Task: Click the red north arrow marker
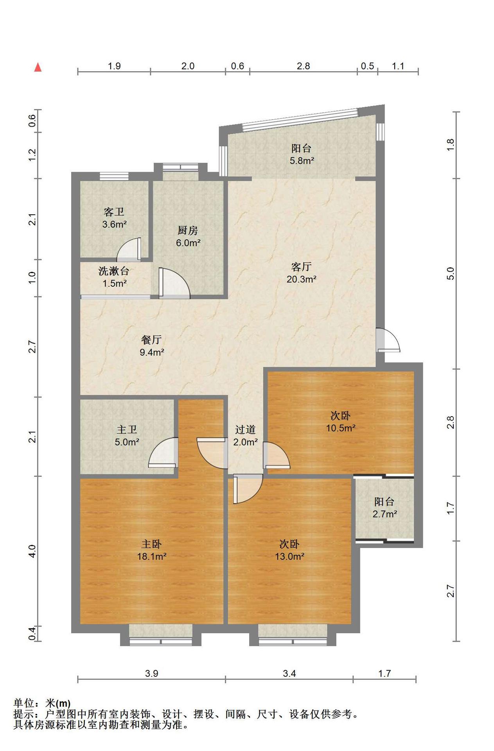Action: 38,67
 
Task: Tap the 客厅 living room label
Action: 301,267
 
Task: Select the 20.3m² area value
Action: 301,279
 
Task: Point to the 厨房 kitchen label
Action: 188,230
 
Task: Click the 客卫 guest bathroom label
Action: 114,212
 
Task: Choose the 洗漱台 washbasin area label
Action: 114,271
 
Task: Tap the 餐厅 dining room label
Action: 152,340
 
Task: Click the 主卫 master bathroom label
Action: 127,429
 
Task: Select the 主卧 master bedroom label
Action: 151,544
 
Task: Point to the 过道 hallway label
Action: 245,429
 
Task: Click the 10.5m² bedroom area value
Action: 341,428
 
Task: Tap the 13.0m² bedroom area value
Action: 289,556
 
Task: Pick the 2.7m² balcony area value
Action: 384,514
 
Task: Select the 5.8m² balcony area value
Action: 302,160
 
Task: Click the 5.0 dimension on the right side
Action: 451,273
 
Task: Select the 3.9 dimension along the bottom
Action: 151,673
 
